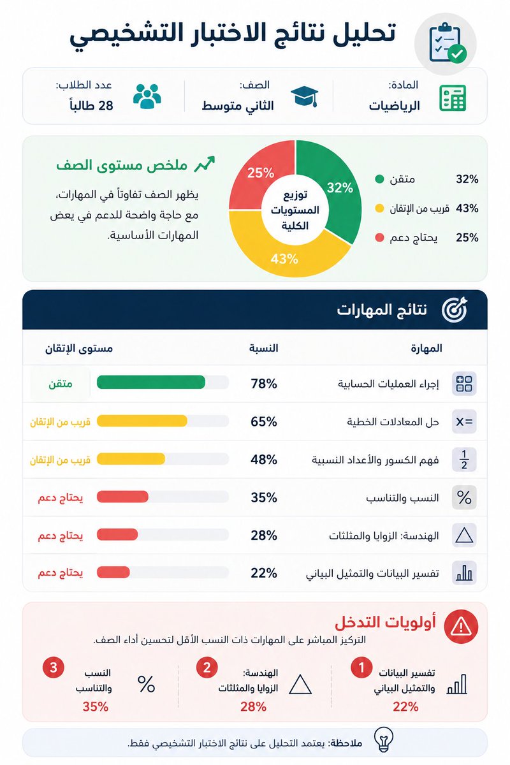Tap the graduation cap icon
pyautogui.click(x=304, y=96)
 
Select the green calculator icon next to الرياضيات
pyautogui.click(x=452, y=98)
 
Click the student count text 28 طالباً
pyautogui.click(x=91, y=105)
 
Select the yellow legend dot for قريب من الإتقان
pyautogui.click(x=379, y=208)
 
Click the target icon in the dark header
pyautogui.click(x=454, y=309)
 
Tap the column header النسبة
pyautogui.click(x=263, y=348)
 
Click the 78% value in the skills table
pyautogui.click(x=264, y=384)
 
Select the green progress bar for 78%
pyautogui.click(x=150, y=382)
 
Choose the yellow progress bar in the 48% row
pyautogui.click(x=131, y=458)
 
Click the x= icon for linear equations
pyautogui.click(x=464, y=422)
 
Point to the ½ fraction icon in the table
pyautogui.click(x=464, y=460)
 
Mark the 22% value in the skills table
pyautogui.click(x=264, y=572)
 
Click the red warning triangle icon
pyautogui.click(x=461, y=626)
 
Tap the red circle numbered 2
pyautogui.click(x=207, y=667)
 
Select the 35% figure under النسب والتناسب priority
pyautogui.click(x=95, y=706)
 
